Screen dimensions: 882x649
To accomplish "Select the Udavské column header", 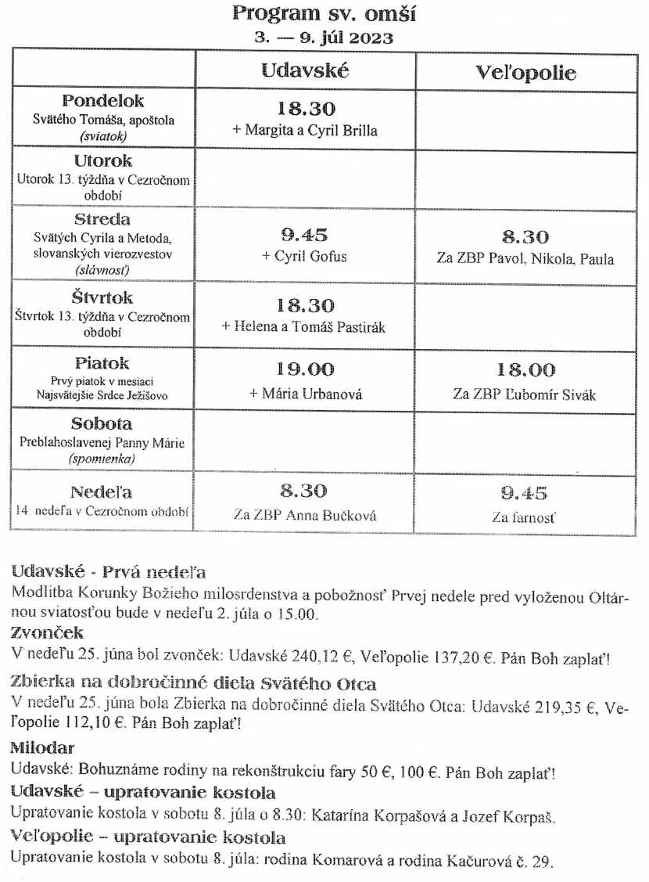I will point(305,70).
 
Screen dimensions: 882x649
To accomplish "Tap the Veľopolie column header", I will point(525,73).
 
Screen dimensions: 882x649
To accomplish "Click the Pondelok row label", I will point(103,102).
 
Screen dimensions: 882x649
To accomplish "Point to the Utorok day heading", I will point(103,161).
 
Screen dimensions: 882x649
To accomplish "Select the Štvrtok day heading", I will point(103,298).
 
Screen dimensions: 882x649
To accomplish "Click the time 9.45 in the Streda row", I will point(305,235).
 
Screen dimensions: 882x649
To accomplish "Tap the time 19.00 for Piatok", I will point(305,369).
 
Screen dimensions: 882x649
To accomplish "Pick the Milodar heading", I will point(42,748).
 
